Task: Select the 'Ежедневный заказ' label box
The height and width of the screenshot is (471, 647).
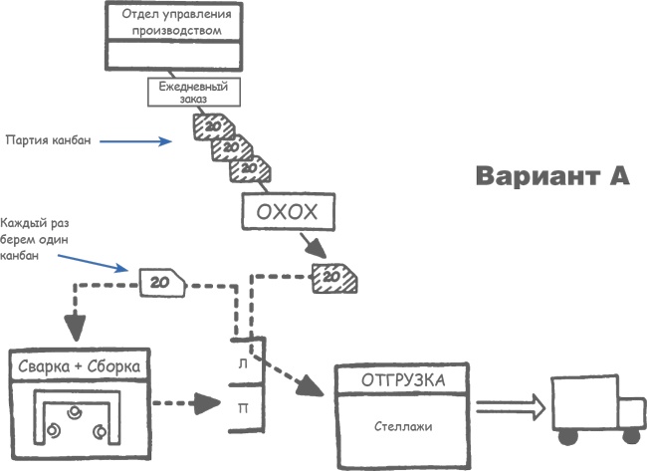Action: click(x=195, y=92)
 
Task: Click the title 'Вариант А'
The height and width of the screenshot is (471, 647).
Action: click(x=551, y=175)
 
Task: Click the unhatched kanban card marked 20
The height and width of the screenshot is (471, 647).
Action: click(x=161, y=283)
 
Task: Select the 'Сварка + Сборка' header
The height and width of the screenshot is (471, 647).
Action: click(x=79, y=366)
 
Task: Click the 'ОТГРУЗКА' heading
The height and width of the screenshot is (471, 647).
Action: click(x=403, y=380)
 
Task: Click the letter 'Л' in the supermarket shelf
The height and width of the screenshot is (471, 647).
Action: click(x=244, y=364)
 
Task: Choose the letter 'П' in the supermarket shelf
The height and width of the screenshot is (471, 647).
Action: click(x=244, y=406)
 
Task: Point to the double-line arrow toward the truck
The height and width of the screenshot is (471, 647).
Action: click(x=511, y=405)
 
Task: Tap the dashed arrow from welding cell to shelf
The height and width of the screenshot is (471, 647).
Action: click(x=189, y=403)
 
